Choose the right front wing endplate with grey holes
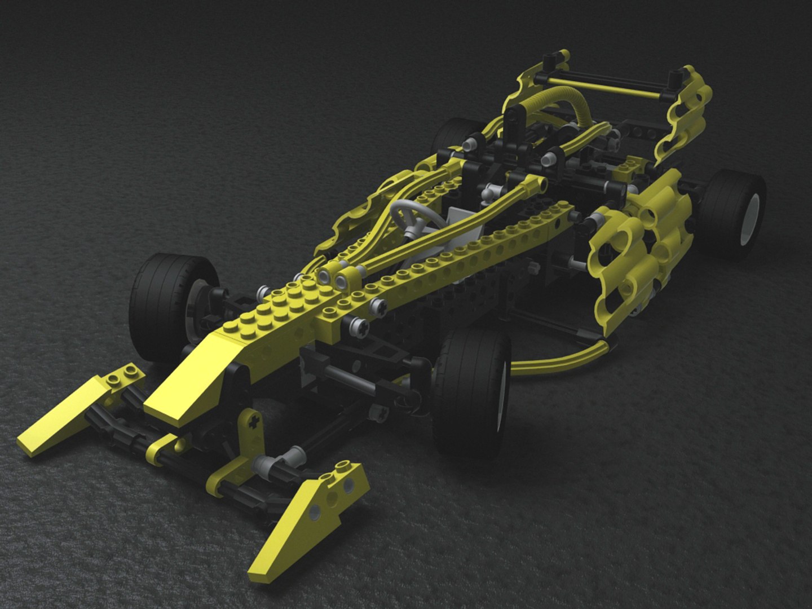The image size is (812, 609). tap(316, 507)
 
